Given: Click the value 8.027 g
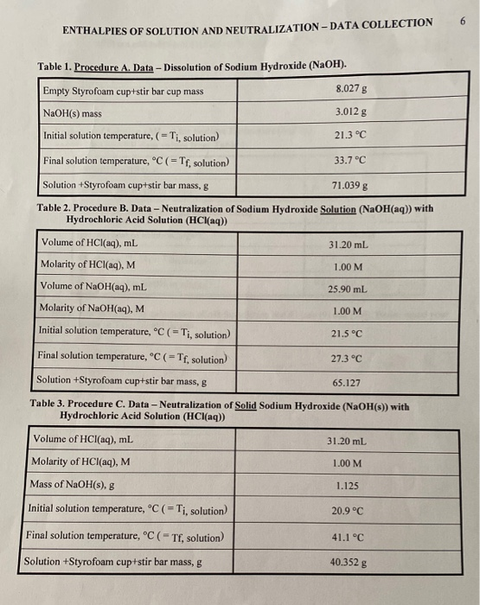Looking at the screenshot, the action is coord(349,89).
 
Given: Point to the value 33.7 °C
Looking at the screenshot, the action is coord(349,161).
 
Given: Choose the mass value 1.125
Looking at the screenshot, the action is coord(343,487).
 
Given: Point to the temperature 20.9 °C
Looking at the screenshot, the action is coord(345,511).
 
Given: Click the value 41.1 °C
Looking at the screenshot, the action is coord(345,537).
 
